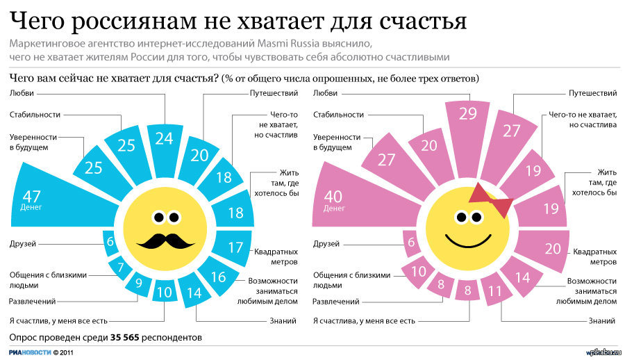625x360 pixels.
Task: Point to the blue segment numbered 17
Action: [x=235, y=247]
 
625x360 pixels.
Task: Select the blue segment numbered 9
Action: [x=139, y=283]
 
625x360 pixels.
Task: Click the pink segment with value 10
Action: [x=419, y=271]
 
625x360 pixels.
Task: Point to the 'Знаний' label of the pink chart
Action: [x=602, y=321]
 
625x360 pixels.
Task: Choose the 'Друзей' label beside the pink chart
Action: [x=326, y=244]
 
